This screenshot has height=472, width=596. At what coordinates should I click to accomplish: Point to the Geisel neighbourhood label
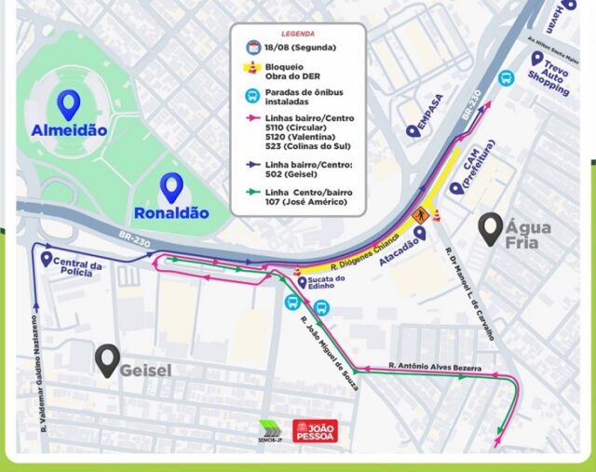click(146, 370)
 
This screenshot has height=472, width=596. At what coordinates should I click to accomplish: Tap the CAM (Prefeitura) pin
click(455, 187)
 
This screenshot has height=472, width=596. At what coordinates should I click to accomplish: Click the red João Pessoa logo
click(315, 430)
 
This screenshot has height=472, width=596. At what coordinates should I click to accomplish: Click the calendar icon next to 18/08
click(251, 47)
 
